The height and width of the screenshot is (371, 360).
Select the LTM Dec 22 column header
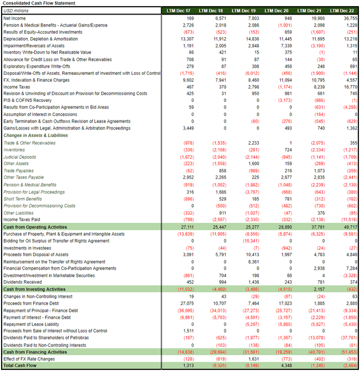point(343,11)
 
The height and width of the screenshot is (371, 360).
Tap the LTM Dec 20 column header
point(277,11)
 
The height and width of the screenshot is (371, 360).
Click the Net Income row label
point(15,19)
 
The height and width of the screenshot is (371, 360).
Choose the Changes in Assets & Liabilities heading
point(32,136)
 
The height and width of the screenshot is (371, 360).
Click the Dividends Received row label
point(22,282)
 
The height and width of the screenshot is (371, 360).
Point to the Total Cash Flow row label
point(20,366)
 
